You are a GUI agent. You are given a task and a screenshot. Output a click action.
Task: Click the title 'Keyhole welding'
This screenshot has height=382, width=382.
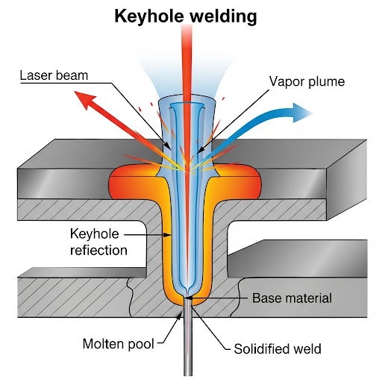pos(186,17)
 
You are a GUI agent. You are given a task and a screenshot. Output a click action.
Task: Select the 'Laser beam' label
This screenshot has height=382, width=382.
pos(54,75)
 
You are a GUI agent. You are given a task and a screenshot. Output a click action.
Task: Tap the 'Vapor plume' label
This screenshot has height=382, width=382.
pos(307,81)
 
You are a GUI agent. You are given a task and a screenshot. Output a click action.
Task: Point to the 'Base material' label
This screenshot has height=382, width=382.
pos(292,298)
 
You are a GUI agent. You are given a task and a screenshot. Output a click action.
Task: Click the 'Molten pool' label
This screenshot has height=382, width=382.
pos(119,344)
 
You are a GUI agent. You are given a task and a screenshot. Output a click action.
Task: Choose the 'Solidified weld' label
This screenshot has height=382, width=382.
pos(278,349)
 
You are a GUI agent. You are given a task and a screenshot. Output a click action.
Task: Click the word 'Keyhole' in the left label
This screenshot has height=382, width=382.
pos(95,234)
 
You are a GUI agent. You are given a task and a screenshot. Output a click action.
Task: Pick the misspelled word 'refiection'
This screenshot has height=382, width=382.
pos(98,250)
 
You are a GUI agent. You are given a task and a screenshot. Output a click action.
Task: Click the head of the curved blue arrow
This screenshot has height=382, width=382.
pos(301,113)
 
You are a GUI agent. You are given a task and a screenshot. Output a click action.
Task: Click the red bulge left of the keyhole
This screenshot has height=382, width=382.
pos(129,183)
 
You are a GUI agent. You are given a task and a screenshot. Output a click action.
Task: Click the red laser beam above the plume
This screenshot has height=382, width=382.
pos(187,62)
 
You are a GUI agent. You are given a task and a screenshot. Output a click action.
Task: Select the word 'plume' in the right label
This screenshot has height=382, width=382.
pos(327,82)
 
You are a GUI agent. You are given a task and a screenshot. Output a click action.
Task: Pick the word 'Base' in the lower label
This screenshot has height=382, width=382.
pos(266,298)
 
